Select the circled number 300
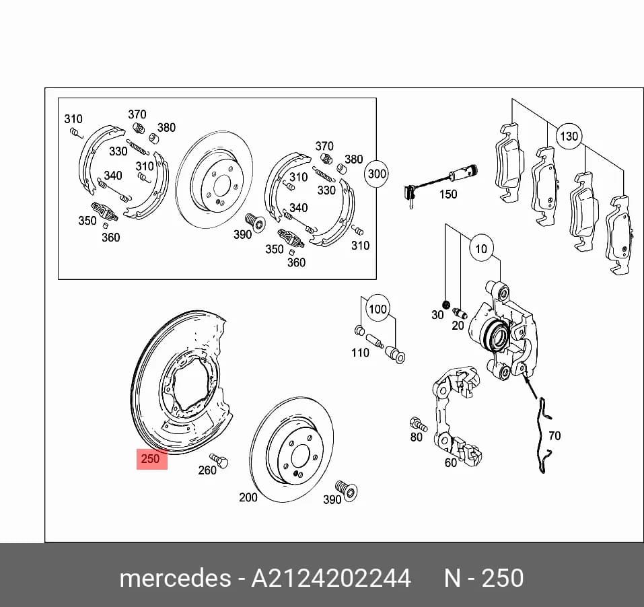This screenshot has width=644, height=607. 377,174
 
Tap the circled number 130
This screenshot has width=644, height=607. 569,136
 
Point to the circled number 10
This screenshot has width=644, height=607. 481,248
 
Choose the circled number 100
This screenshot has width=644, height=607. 378,309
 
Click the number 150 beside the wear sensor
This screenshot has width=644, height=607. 448,194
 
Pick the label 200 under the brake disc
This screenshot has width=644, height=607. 248,497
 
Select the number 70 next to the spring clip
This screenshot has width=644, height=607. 554,436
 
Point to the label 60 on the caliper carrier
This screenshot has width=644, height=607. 451,463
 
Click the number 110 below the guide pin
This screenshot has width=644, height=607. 360,353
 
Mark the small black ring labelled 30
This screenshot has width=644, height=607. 445,304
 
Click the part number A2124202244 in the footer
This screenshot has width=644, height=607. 331,578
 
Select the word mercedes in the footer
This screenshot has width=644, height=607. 176,578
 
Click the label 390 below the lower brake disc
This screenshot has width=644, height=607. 332,500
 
